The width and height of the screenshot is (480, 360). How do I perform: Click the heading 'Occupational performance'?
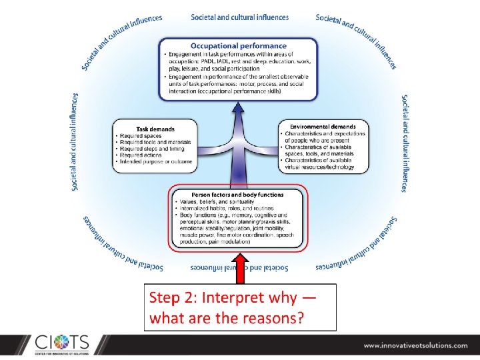click(x=239, y=45)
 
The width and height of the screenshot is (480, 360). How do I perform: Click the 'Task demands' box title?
click(x=155, y=129)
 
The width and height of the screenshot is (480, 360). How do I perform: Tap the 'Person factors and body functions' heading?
click(x=237, y=195)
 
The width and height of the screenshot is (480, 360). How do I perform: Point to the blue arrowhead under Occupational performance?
click(x=239, y=109)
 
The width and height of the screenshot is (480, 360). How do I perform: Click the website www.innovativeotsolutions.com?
click(x=415, y=345)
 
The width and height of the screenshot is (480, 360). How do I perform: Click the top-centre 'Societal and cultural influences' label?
click(x=239, y=17)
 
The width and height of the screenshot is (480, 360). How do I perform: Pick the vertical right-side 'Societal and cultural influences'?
click(x=405, y=143)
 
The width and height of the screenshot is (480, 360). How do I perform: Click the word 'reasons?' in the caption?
click(x=275, y=317)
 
